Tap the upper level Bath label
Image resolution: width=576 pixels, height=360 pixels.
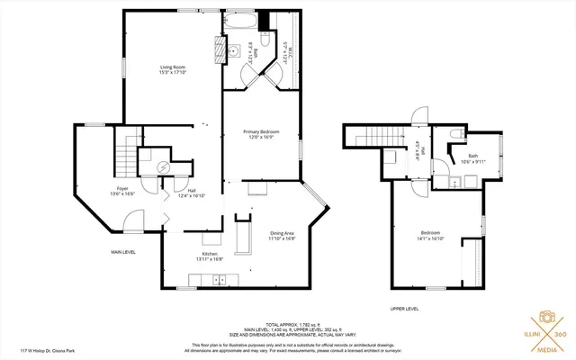(x=472, y=159)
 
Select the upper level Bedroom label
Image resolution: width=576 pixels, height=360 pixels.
(x=429, y=236)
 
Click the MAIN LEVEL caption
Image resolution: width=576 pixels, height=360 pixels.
(x=123, y=252)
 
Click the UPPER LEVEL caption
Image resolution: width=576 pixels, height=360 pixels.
(x=404, y=309)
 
